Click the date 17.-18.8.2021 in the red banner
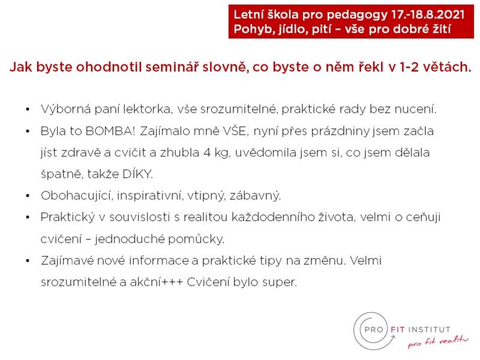pos(428,14)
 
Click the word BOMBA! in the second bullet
pos(110,131)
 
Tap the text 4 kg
pos(217,153)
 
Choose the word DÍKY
pos(137,173)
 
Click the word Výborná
pos(65,109)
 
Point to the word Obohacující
pos(76,196)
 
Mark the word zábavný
pos(255,196)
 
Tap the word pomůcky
pos(196,239)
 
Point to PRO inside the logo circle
pos(374,329)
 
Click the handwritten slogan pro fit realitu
pos(438,341)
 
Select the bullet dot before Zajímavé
pos(28,260)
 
